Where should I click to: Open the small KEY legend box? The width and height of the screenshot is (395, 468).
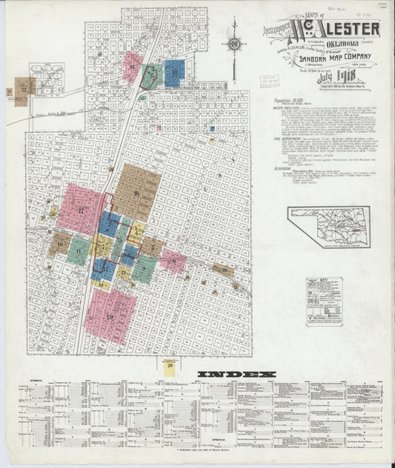coord(324,301)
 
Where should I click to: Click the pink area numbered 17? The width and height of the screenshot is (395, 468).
coord(79,210)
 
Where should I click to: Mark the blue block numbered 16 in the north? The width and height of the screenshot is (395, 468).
coord(173,73)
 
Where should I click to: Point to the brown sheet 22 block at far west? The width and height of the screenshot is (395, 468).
coord(24,87)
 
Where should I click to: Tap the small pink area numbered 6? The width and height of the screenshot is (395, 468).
coord(173,260)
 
